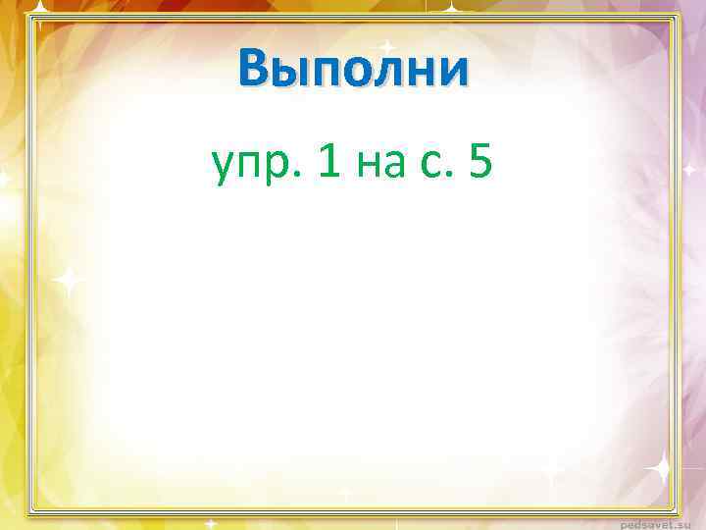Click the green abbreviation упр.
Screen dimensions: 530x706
258,166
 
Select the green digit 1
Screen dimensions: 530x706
330,162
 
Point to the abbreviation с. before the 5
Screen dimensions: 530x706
437,166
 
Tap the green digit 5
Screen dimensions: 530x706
480,162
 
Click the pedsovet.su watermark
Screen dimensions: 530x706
661,521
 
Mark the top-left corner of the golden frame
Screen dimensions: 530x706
29,16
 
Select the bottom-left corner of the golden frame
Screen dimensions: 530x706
29,512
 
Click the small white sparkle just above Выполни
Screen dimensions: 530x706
387,46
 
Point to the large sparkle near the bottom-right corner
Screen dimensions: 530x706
659,467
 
